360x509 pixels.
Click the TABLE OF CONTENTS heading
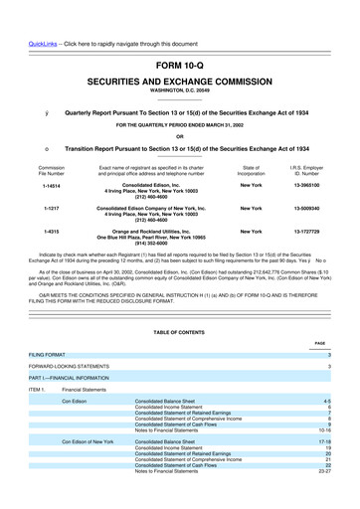pyautogui.click(x=179, y=330)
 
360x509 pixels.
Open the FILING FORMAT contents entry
pyautogui.click(x=48, y=354)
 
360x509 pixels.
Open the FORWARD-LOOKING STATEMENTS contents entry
pyautogui.click(x=71, y=366)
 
